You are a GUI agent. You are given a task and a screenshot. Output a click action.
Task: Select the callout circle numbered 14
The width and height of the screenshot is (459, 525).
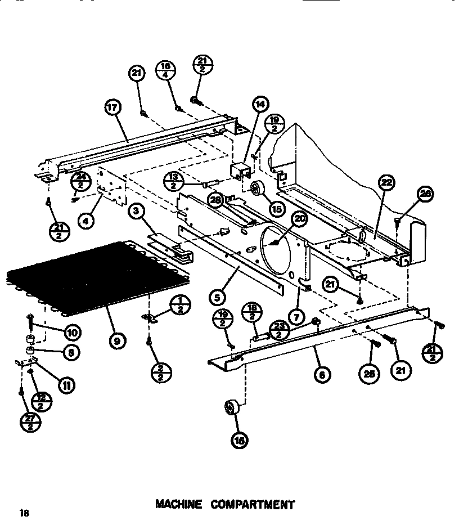(260, 104)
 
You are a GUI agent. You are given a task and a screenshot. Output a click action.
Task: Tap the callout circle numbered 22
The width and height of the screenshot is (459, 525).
(387, 182)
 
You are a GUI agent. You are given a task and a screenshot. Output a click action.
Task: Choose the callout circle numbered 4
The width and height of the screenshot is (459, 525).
(85, 221)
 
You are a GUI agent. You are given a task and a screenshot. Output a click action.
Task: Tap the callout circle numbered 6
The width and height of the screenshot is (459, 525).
(322, 375)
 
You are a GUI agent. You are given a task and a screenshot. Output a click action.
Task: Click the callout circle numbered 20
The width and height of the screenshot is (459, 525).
(300, 219)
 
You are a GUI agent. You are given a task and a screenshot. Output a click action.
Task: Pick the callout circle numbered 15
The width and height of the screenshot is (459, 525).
(276, 208)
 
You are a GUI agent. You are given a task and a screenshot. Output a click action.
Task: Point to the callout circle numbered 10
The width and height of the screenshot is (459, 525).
(73, 332)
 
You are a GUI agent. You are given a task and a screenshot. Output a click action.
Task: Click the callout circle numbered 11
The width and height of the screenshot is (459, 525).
(66, 385)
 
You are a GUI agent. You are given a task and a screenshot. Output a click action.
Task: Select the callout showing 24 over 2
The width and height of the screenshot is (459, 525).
(80, 182)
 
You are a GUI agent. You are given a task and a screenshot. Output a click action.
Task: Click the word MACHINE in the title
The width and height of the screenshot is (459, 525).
(178, 504)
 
